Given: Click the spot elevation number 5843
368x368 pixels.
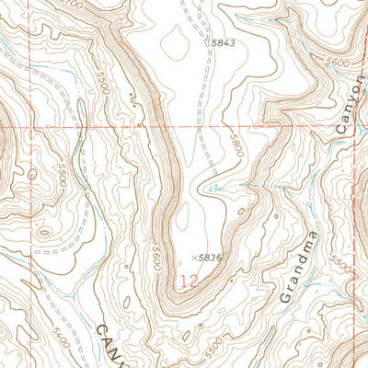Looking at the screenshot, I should click(x=224, y=42).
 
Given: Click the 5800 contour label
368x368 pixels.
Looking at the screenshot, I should click(x=237, y=145).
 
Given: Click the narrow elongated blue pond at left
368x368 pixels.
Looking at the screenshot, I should click(x=83, y=117).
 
